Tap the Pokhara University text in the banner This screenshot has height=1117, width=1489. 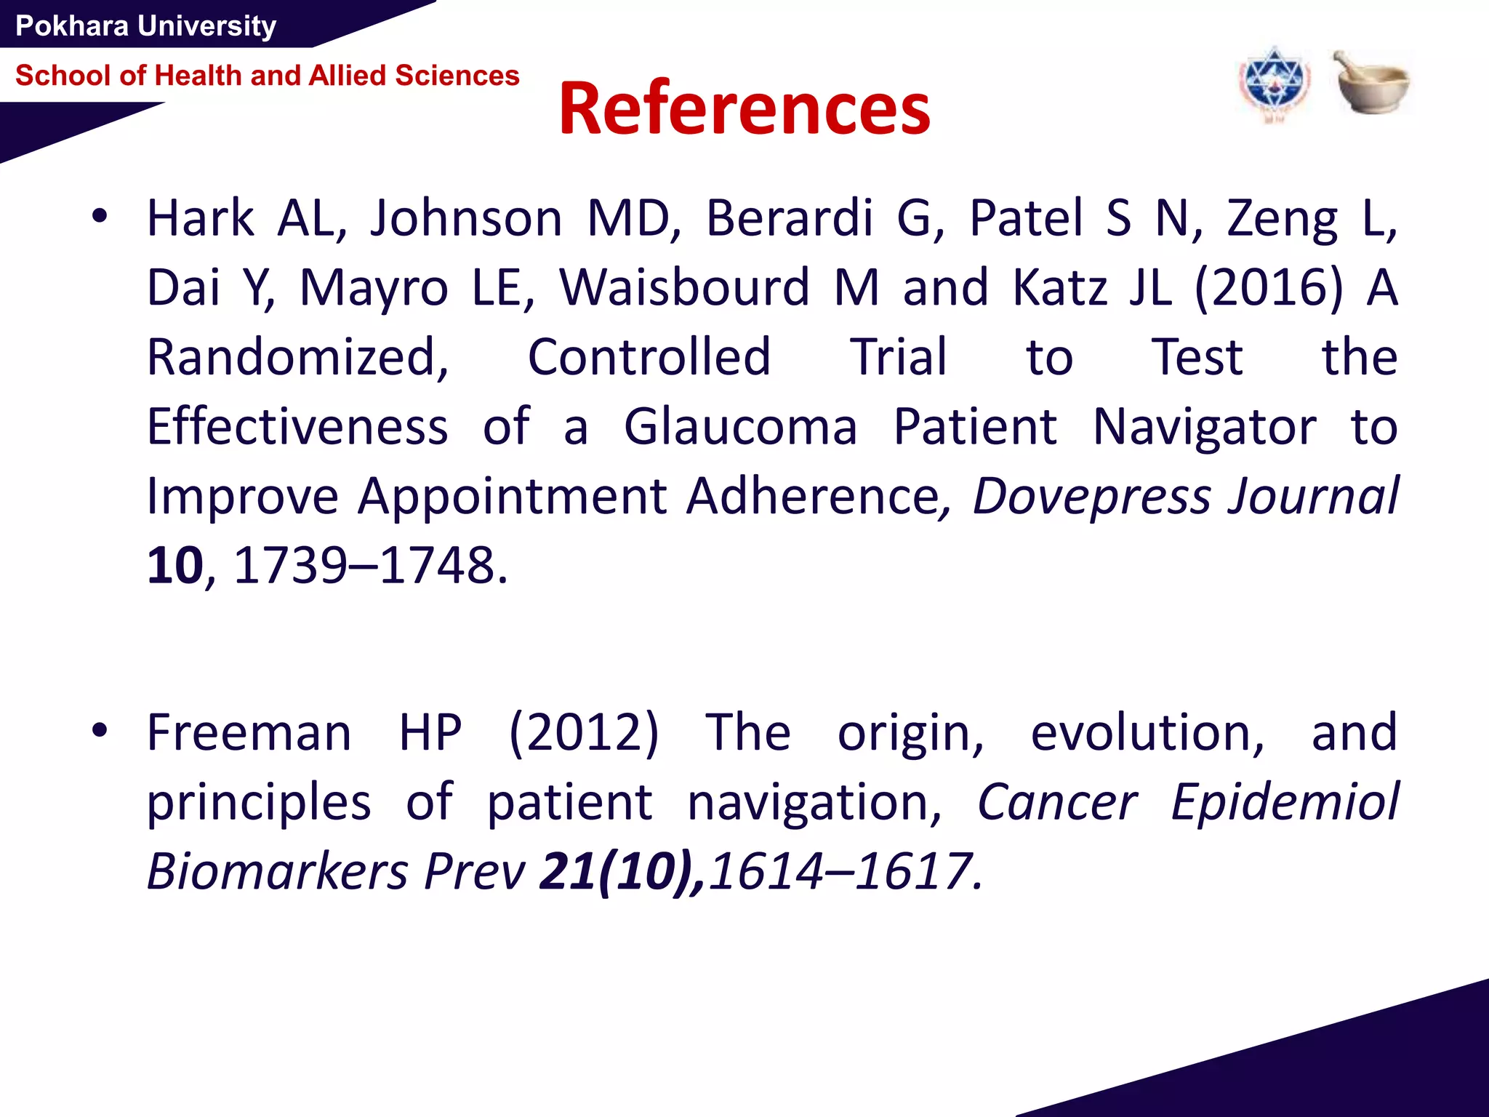point(145,26)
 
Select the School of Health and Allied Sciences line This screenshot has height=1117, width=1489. point(267,76)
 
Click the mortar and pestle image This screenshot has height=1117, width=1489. point(1370,83)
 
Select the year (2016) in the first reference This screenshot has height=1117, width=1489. point(1268,287)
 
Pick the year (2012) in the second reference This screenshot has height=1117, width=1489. point(583,732)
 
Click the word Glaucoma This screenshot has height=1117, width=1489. point(740,427)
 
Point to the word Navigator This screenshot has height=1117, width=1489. point(1204,427)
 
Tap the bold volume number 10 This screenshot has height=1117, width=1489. point(174,565)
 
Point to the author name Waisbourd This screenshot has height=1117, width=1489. point(684,287)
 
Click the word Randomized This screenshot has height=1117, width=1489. point(298,357)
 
